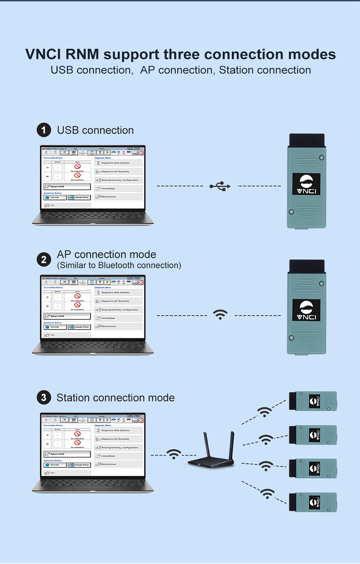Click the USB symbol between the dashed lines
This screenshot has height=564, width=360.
click(220, 186)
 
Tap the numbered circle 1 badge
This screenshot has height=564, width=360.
click(44, 130)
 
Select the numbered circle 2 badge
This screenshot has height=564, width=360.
click(44, 259)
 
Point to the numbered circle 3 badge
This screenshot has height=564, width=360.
click(44, 398)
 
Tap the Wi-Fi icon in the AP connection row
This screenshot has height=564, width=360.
click(220, 315)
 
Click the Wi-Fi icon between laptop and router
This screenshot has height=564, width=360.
click(174, 454)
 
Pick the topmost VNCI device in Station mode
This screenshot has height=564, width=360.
click(313, 401)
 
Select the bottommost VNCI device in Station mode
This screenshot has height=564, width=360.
click(313, 502)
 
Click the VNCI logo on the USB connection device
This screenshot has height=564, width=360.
click(306, 184)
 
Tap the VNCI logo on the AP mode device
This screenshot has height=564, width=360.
click(306, 310)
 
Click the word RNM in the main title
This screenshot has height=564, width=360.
click(82, 54)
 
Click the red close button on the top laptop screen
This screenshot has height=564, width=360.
click(141, 153)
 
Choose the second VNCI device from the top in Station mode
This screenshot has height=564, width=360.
click(313, 435)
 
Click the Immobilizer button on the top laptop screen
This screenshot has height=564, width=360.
click(118, 188)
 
